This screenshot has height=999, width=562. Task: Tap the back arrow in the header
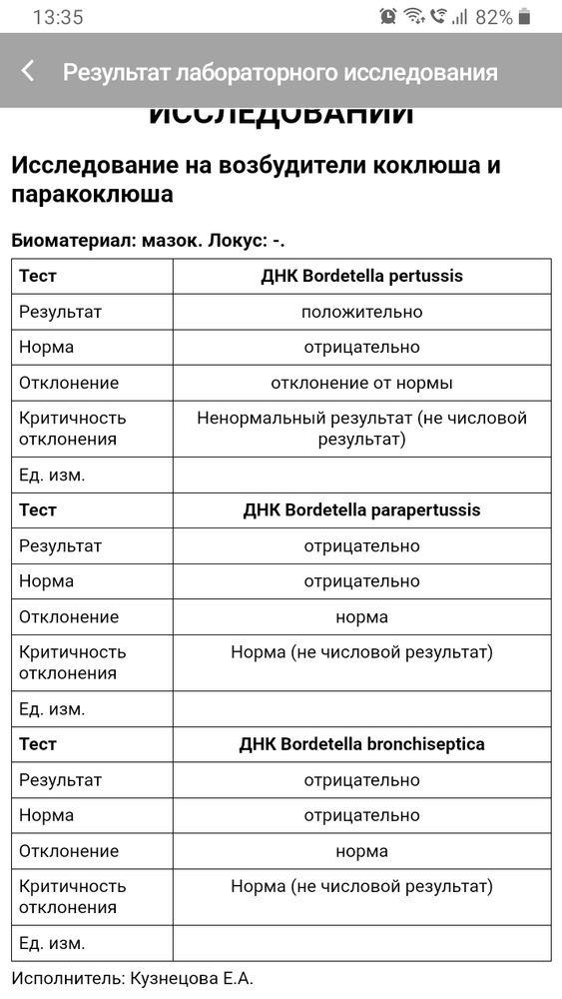28,71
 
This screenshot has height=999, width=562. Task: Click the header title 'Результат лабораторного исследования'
280,72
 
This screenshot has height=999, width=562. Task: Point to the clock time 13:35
58,17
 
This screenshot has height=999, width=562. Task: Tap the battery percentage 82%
493,17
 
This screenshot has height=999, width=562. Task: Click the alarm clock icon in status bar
388,16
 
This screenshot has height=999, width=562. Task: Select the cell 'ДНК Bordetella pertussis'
361,276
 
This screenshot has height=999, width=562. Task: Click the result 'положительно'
361,312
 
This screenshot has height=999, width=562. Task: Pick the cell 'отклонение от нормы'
361,383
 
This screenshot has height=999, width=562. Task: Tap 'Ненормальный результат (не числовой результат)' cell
361,429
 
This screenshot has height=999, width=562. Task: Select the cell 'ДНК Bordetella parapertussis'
361,509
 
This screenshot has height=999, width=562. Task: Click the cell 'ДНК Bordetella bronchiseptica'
361,744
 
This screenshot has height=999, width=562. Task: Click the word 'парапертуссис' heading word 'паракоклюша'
92,194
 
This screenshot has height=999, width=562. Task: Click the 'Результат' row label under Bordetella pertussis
60,312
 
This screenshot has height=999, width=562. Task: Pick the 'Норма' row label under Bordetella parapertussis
46,580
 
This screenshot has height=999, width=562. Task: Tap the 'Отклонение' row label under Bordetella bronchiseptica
69,851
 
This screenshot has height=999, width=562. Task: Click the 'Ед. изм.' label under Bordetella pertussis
52,475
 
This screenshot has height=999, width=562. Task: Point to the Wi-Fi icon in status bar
413,16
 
